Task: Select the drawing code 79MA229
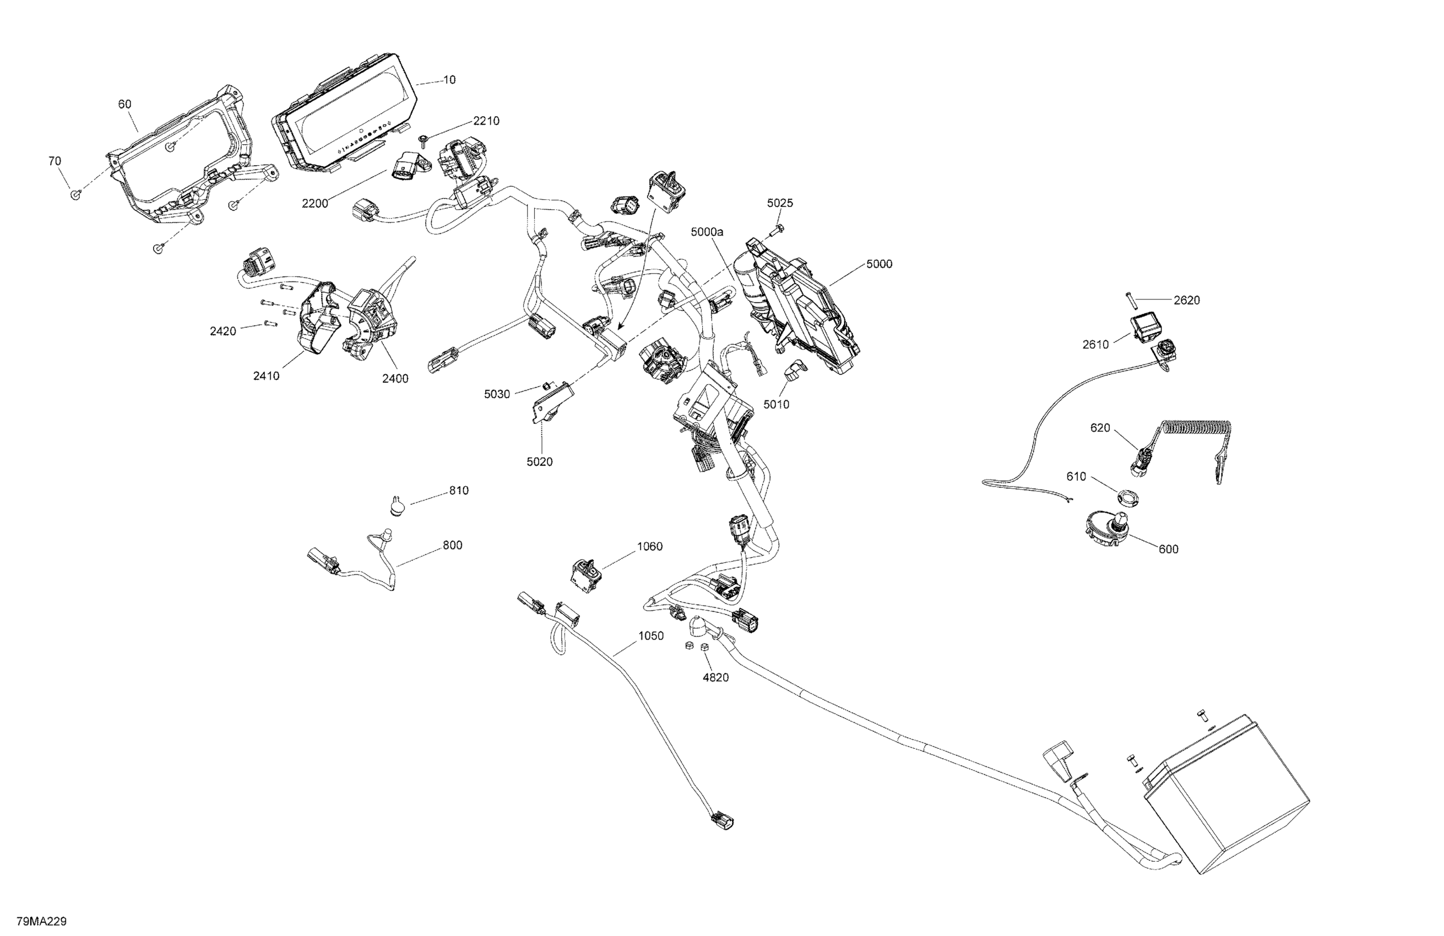41,922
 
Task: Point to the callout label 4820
715,677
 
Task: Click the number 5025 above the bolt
780,203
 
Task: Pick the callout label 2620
1186,300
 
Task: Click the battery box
1225,801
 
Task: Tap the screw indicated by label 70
76,194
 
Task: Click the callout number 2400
395,378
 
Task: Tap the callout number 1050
651,636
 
